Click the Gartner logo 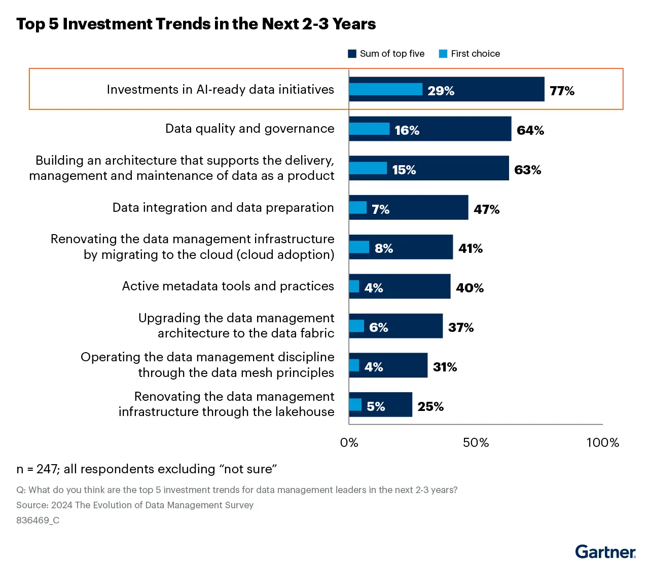tap(605, 551)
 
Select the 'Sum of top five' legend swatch tap(352, 54)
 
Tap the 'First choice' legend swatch tap(443, 54)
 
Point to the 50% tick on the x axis tap(476, 442)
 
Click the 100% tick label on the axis tap(602, 442)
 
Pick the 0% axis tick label tap(349, 442)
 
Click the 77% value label tap(562, 91)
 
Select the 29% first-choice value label tap(441, 91)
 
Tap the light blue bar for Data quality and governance tap(369, 129)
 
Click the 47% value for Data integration tap(486, 209)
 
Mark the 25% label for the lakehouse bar tap(430, 406)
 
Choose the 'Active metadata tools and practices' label tap(228, 286)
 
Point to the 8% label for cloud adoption tap(384, 248)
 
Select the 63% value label tap(527, 170)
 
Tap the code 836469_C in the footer tap(38, 520)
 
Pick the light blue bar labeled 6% tap(356, 326)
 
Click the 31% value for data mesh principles tap(445, 367)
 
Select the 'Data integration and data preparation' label tap(223, 208)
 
